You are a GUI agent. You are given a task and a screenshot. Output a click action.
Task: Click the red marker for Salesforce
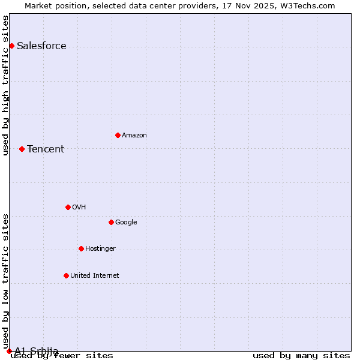pos(11,46)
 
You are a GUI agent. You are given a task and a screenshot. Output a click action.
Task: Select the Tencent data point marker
pos(22,149)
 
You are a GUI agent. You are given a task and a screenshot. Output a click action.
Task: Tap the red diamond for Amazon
pos(118,135)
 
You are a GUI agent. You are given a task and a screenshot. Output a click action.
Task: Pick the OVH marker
pos(68,207)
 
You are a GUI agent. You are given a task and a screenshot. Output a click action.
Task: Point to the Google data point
pos(111,222)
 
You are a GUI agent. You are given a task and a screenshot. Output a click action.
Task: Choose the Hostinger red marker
pos(81,248)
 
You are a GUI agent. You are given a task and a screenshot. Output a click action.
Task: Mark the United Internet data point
pos(66,275)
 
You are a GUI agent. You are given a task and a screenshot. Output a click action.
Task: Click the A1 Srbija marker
pos(9,351)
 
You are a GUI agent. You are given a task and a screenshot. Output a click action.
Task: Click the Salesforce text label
pos(41,46)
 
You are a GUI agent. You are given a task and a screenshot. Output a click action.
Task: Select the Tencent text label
pos(46,149)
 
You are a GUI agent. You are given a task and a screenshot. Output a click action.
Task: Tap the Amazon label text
pos(134,136)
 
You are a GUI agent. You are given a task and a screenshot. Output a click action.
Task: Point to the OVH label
pos(79,208)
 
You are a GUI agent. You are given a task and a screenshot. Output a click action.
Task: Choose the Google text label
pos(126,223)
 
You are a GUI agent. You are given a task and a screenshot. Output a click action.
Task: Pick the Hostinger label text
pos(100,249)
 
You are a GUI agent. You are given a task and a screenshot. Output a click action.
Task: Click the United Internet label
pos(94,276)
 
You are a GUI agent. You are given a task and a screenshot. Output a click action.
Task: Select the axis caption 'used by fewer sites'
pos(62,355)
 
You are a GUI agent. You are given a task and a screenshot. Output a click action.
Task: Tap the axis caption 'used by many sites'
pos(301,355)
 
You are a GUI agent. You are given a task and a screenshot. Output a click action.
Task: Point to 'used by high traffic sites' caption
pos(6,85)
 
